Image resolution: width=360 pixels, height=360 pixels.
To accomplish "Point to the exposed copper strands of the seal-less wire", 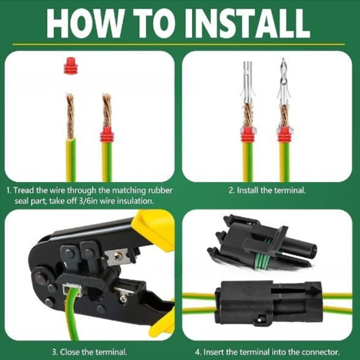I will click(70, 115).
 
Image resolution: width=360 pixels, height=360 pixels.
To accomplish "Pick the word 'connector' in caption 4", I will click(320, 351).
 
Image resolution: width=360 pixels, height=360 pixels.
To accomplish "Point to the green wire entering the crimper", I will click(72, 315).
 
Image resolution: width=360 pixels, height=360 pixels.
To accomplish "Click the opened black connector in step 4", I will click(261, 243).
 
